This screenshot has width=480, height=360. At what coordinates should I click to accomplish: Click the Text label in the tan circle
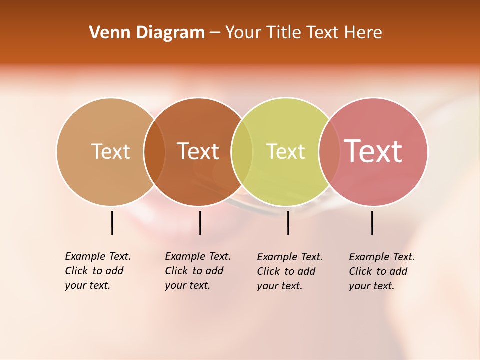[x=110, y=151]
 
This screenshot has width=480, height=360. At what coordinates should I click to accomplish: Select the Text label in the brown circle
[x=198, y=151]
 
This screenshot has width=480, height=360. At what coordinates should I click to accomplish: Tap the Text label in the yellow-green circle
[x=285, y=151]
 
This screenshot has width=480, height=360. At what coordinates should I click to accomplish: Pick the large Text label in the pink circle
[x=373, y=151]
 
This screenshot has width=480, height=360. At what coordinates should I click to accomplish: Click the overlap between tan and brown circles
[x=154, y=152]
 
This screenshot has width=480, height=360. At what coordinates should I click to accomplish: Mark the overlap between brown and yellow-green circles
[x=242, y=152]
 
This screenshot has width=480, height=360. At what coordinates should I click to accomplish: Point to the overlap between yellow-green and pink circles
[x=329, y=152]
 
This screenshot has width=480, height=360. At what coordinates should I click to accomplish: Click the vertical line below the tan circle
[x=112, y=223]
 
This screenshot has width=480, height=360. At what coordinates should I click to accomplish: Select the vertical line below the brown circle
[x=200, y=223]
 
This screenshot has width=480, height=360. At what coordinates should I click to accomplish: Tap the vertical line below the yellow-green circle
[x=288, y=223]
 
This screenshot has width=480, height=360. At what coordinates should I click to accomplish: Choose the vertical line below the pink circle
[x=372, y=223]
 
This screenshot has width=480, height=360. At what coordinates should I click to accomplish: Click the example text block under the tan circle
[x=97, y=271]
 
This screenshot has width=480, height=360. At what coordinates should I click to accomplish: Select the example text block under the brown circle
[x=197, y=271]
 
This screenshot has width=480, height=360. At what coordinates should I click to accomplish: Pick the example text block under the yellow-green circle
[x=289, y=271]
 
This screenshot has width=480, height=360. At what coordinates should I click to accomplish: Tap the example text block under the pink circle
[x=381, y=271]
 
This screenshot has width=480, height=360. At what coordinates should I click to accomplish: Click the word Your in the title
[x=243, y=33]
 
